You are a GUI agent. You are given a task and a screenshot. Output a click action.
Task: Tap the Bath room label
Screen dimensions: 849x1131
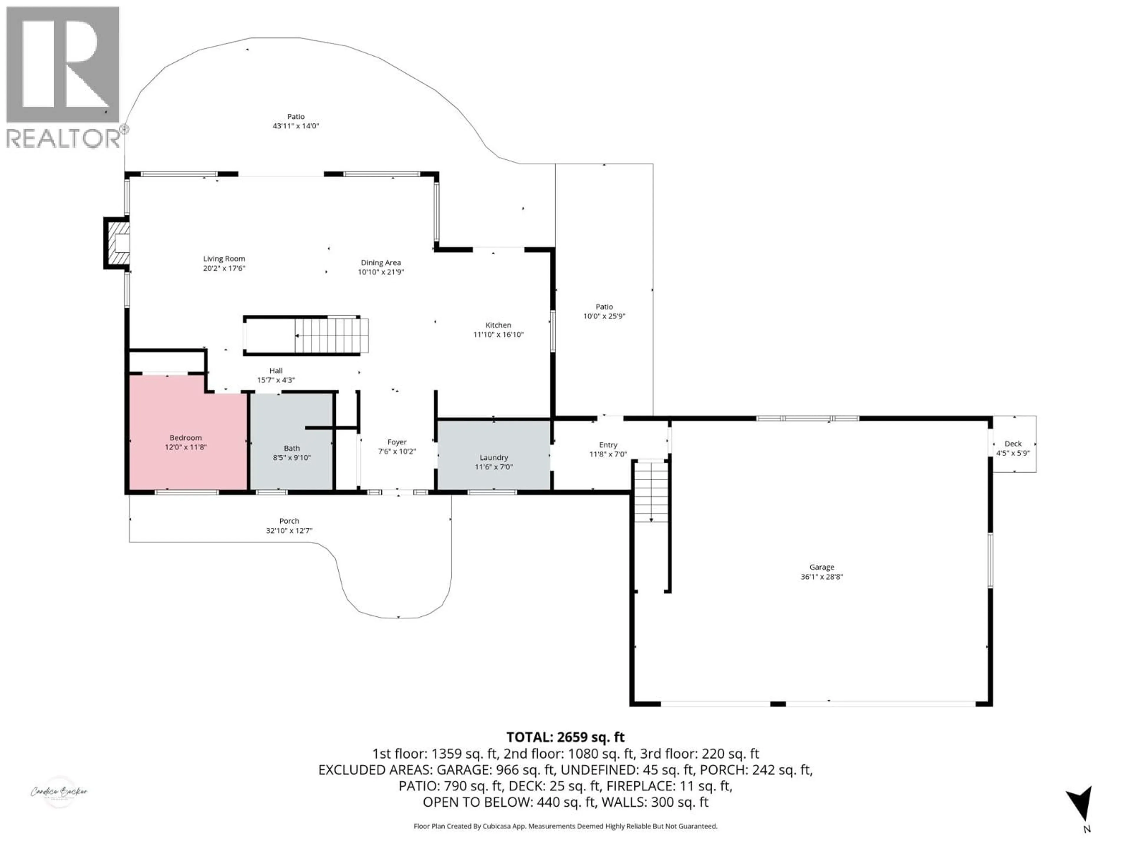point(292,448)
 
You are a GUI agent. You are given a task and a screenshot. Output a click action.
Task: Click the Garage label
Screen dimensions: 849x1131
point(822,567)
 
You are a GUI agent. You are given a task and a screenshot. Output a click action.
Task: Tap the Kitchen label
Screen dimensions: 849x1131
point(498,325)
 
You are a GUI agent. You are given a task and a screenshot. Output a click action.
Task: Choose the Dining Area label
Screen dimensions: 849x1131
point(381,263)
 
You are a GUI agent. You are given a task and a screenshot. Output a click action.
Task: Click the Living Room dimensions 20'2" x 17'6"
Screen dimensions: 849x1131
point(224,268)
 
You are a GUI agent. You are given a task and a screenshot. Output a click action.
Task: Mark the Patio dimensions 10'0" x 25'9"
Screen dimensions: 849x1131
point(604,316)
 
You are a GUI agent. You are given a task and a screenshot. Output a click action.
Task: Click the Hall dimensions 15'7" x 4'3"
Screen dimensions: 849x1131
point(276,380)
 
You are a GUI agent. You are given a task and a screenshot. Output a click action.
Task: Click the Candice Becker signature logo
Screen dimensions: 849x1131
point(59,792)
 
